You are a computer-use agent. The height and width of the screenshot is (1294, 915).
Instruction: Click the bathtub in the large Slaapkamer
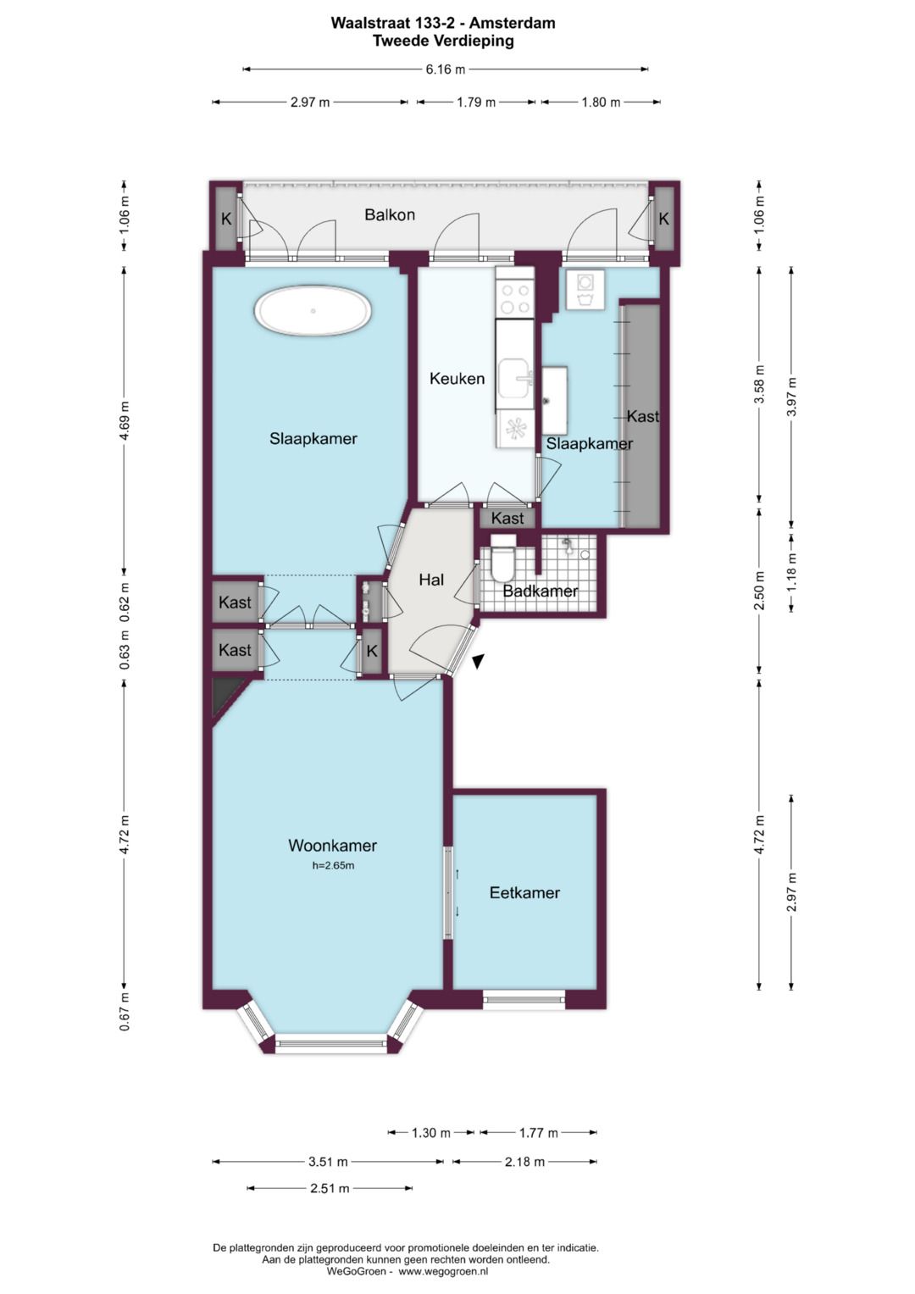[x=313, y=312]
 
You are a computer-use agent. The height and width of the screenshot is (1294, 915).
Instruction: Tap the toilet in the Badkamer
[x=502, y=558]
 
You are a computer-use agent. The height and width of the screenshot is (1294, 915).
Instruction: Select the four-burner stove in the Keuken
[x=515, y=298]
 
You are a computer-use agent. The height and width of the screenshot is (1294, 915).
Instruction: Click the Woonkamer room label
[x=332, y=846]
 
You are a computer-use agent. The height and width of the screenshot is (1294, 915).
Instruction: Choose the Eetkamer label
[x=524, y=893]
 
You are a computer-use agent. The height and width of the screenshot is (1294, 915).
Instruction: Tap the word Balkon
[x=390, y=215]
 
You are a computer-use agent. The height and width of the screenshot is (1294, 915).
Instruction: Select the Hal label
[x=431, y=580]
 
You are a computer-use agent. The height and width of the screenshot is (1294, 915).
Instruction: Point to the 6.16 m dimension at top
[x=446, y=69]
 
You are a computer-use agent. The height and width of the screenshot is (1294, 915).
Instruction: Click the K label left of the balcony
[x=226, y=219]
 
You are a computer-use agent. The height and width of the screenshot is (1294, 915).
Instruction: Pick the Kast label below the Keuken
[x=507, y=518]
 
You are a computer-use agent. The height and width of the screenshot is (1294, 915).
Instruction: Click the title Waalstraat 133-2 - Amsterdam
[x=443, y=23]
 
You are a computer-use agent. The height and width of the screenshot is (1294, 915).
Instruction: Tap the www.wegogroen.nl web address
[x=444, y=1271]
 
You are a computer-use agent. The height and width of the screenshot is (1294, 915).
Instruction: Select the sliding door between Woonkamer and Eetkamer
[x=448, y=892]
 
